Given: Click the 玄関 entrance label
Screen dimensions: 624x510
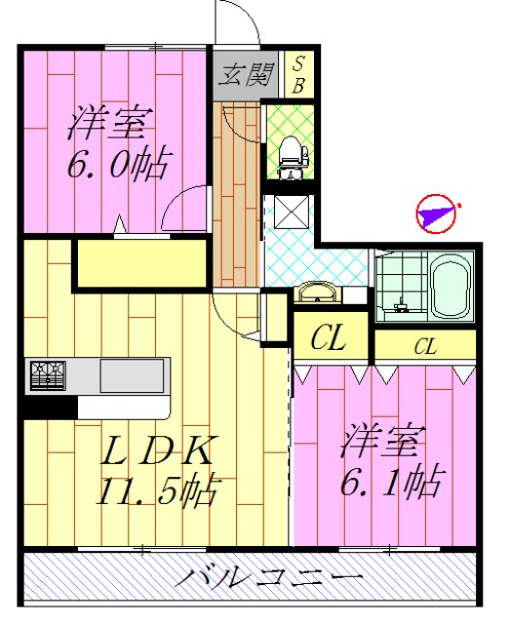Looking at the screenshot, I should [246, 74].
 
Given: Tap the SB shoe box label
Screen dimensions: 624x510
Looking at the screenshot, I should [298, 74].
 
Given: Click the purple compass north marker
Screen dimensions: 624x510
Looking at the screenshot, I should [436, 213].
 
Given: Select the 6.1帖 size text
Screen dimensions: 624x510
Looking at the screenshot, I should [393, 481].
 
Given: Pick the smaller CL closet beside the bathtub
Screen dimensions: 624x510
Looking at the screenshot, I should [424, 344].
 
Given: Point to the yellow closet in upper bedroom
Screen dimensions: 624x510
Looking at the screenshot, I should [141, 263].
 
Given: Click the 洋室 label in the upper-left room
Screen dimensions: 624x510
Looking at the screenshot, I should [109, 124].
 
